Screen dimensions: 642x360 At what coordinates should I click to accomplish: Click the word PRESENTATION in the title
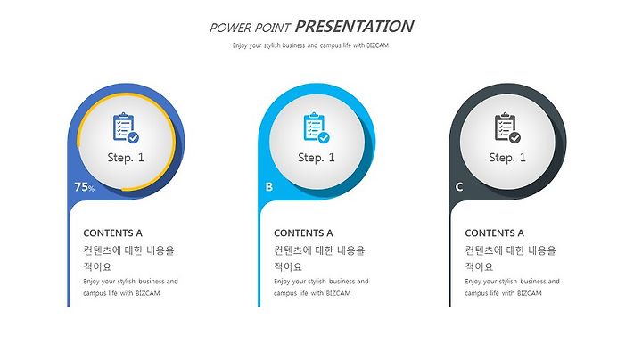(x=354, y=27)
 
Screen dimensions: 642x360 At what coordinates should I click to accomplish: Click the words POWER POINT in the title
(x=250, y=28)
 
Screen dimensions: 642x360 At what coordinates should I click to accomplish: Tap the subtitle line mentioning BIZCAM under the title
(x=310, y=45)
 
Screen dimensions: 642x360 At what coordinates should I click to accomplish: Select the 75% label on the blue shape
(x=85, y=187)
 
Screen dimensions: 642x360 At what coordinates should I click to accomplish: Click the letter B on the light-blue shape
(x=269, y=187)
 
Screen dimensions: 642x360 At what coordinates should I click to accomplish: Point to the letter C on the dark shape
(x=459, y=187)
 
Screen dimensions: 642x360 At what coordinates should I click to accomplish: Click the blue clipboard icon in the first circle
(x=126, y=127)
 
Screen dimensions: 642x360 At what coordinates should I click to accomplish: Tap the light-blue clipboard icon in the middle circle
(x=317, y=127)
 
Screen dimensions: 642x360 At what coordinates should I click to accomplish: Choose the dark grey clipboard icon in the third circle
(x=507, y=127)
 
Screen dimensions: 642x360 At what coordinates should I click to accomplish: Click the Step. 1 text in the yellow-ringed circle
(x=126, y=158)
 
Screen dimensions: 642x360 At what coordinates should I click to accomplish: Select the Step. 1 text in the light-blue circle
(x=317, y=158)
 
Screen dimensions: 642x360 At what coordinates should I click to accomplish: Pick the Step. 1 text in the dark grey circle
(x=507, y=158)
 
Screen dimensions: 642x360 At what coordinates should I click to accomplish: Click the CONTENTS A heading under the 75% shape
(x=112, y=233)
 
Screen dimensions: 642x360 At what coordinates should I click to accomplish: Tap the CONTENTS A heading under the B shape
(x=303, y=233)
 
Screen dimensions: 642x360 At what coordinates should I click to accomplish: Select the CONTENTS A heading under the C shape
(x=494, y=233)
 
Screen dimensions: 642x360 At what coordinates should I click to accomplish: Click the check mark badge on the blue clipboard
(x=133, y=138)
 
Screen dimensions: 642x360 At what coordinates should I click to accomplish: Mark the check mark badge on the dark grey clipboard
(x=514, y=138)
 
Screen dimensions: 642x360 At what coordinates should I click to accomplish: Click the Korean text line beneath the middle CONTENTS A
(x=319, y=250)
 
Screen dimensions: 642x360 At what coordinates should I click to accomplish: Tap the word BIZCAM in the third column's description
(x=530, y=293)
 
